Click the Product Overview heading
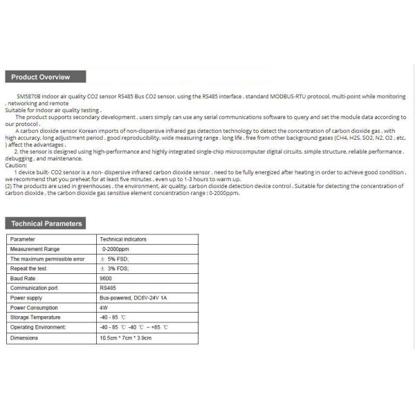(39, 77)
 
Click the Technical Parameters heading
(47, 223)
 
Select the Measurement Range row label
(35, 249)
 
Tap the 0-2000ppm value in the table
(116, 249)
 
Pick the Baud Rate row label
(23, 278)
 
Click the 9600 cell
(107, 278)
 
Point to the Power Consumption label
(35, 308)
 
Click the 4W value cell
(104, 308)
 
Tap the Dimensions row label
(26, 338)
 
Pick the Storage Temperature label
(35, 317)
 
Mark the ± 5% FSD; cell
(116, 259)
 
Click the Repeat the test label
(28, 268)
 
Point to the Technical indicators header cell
(124, 239)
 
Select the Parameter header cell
(23, 239)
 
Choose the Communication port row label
(35, 288)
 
